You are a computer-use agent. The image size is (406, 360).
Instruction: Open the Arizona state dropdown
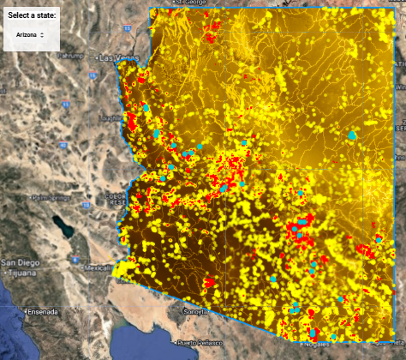click(x=30, y=34)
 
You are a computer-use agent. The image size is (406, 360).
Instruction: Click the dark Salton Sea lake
click(x=61, y=226)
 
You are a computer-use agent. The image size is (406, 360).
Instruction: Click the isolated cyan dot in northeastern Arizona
click(x=352, y=135)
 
